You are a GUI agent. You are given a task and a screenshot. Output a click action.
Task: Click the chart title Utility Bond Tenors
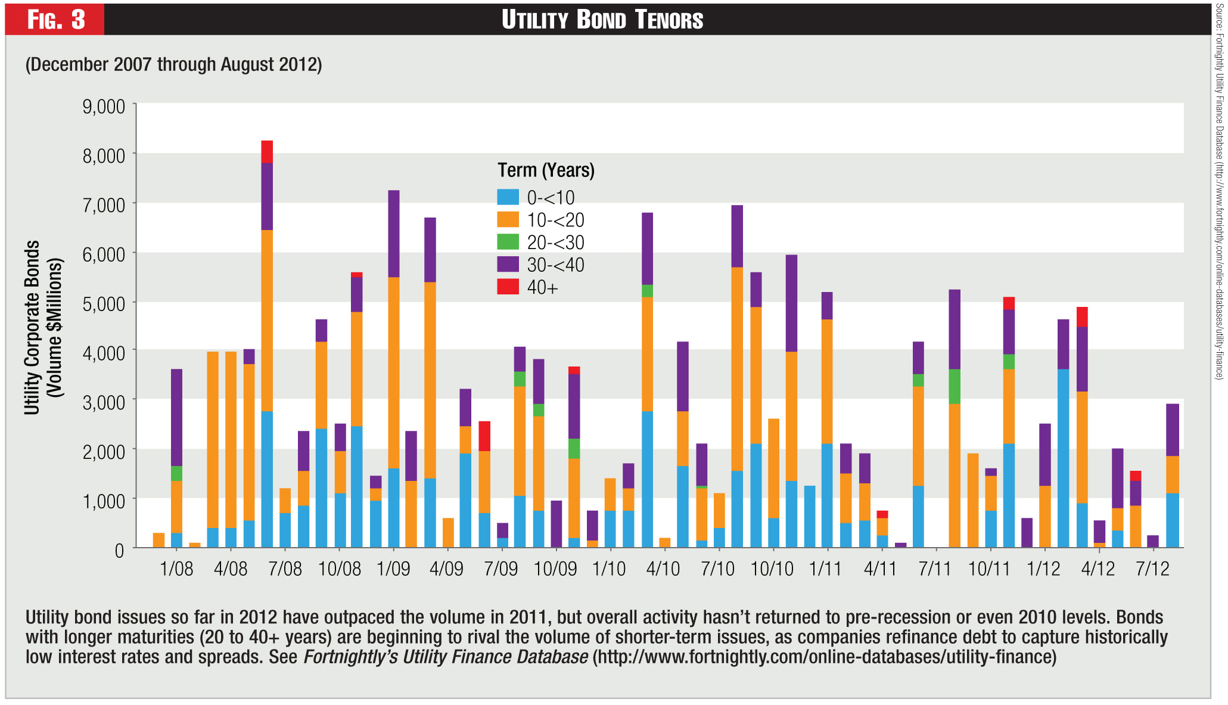pos(602,20)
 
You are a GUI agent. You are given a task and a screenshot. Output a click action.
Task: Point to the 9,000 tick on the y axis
pos(104,107)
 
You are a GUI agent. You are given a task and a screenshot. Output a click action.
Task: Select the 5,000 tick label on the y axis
pos(104,303)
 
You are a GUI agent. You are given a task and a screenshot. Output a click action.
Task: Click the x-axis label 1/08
pos(176,569)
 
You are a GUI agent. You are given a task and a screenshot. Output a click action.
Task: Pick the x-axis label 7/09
pos(500,569)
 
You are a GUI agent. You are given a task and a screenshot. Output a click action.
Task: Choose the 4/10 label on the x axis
pos(663,569)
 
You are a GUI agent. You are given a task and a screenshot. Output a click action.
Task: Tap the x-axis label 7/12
pos(1152,569)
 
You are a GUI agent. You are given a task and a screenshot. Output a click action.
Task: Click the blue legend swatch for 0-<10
pos(508,197)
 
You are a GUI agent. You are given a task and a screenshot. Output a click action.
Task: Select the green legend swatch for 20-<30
pos(508,242)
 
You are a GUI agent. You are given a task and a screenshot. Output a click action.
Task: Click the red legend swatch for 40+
pos(508,287)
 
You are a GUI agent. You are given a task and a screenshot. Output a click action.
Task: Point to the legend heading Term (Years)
pos(546,170)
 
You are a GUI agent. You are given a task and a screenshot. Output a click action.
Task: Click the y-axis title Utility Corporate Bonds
pos(32,327)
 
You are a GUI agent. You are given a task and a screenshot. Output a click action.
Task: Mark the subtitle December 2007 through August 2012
pos(173,64)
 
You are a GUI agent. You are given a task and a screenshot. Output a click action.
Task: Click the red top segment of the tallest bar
pos(267,151)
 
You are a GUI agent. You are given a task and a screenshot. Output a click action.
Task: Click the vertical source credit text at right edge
pos(1219,191)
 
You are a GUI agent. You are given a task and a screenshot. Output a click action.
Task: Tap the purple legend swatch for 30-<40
pos(508,265)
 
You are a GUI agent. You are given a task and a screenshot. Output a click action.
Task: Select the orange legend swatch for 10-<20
pos(508,220)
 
